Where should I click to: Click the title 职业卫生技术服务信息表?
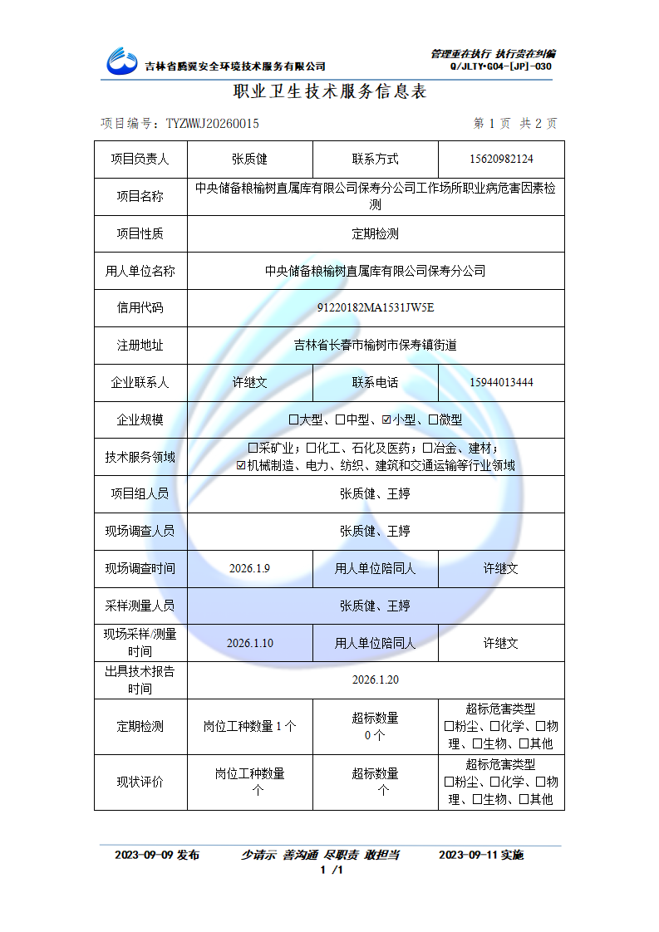pyautogui.click(x=330, y=91)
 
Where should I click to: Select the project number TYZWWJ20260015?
pyautogui.click(x=212, y=124)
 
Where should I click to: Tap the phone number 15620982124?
pyautogui.click(x=501, y=159)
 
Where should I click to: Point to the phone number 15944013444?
pyautogui.click(x=501, y=383)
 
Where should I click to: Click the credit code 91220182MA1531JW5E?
pyautogui.click(x=376, y=308)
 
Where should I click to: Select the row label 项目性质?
pyautogui.click(x=140, y=234)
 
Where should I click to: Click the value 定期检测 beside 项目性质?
pyautogui.click(x=376, y=234)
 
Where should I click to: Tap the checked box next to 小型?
pyautogui.click(x=386, y=420)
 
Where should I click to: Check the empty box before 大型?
pyautogui.click(x=293, y=420)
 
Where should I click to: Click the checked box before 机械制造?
pyautogui.click(x=241, y=466)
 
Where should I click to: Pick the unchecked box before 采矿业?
pyautogui.click(x=253, y=448)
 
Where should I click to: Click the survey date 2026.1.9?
pyautogui.click(x=249, y=569)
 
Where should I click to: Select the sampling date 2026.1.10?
pyautogui.click(x=249, y=643)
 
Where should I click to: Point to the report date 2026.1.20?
pyautogui.click(x=376, y=680)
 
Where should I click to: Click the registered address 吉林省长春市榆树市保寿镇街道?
pyautogui.click(x=376, y=346)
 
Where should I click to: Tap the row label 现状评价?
pyautogui.click(x=140, y=782)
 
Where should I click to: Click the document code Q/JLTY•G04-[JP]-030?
pyautogui.click(x=501, y=66)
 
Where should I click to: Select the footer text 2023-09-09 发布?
pyautogui.click(x=157, y=855)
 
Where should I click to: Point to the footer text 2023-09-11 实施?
pyautogui.click(x=481, y=855)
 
